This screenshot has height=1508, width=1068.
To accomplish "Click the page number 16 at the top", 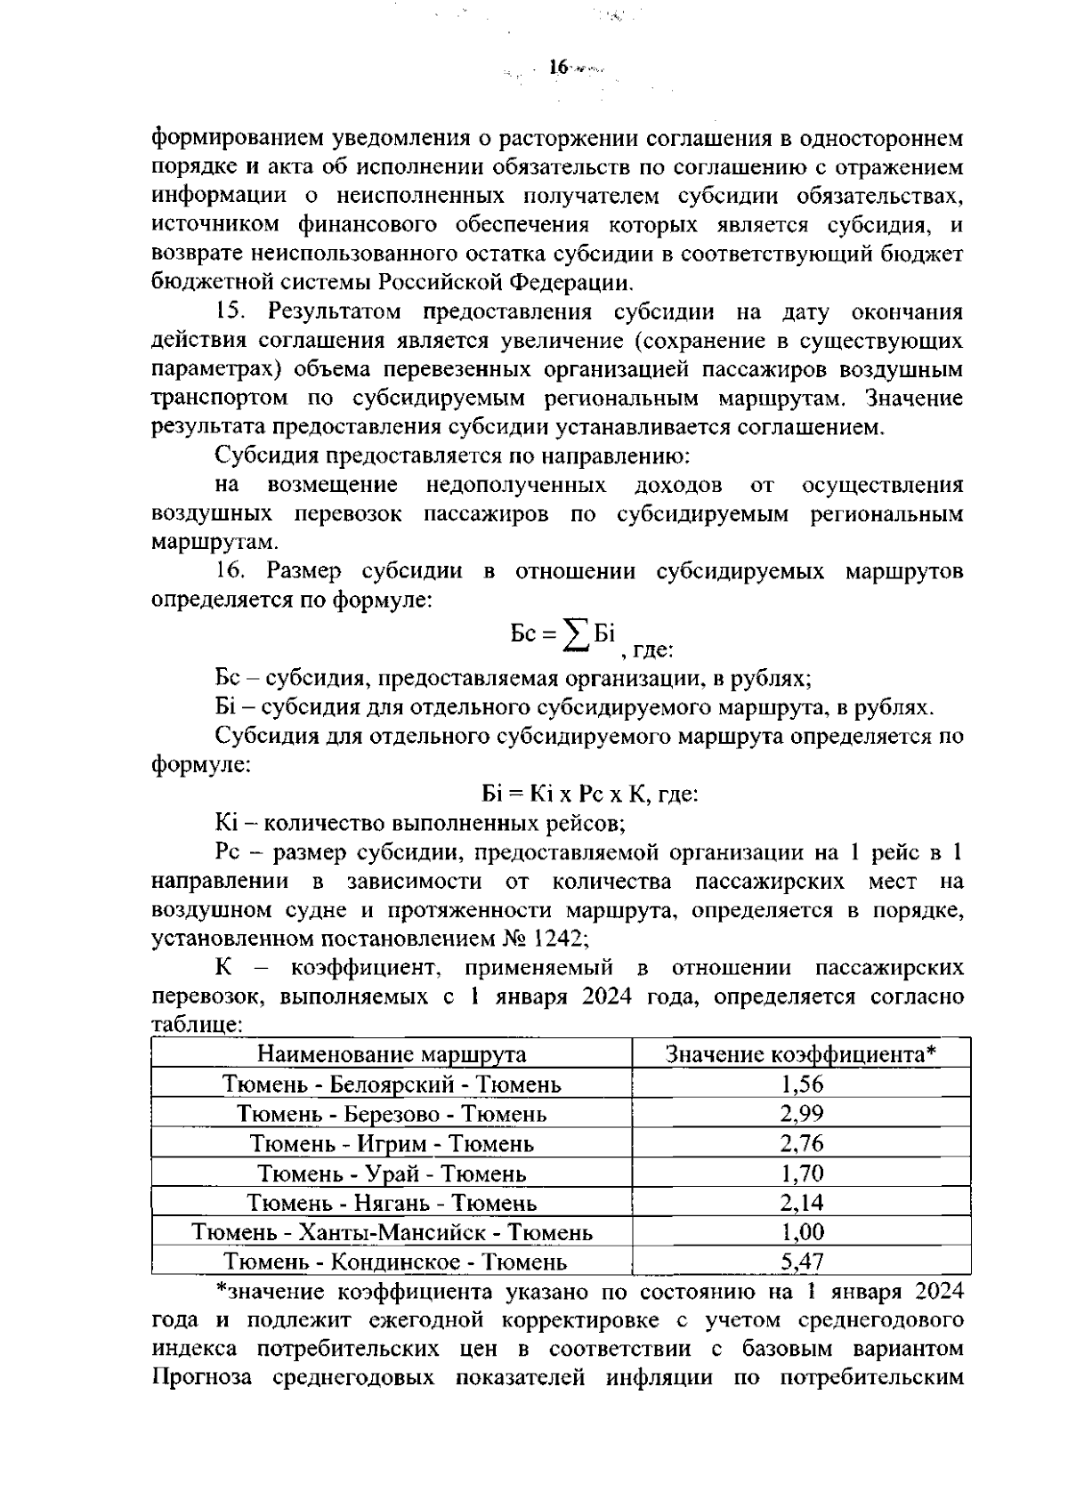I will pos(558,68).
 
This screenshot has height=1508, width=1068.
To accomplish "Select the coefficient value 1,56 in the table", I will pos(802,1085).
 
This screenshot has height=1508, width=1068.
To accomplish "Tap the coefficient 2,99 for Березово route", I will pos(802,1114).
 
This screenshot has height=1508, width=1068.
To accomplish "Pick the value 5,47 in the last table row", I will pos(802,1262).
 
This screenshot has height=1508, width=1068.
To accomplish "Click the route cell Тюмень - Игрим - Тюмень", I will pos(392,1143).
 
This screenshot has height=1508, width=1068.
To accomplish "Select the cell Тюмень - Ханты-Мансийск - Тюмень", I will pos(392,1232).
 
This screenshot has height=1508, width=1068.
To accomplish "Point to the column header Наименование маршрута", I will pos(392,1054).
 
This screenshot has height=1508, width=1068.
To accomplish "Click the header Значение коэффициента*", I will pos(802,1054).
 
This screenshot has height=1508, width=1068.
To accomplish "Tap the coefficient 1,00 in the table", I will pos(802,1232).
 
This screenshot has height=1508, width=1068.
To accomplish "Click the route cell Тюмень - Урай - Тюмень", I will pos(392,1173).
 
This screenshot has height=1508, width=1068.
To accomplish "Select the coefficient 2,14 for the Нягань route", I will pos(802,1203).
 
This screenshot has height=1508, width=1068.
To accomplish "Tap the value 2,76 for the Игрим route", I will pos(802,1143).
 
